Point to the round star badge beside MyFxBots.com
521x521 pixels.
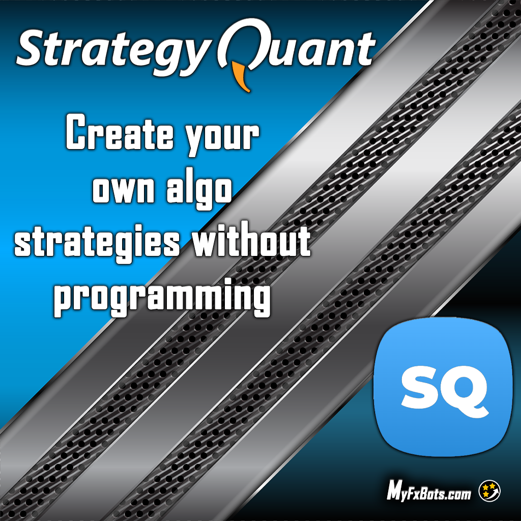(489, 491)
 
